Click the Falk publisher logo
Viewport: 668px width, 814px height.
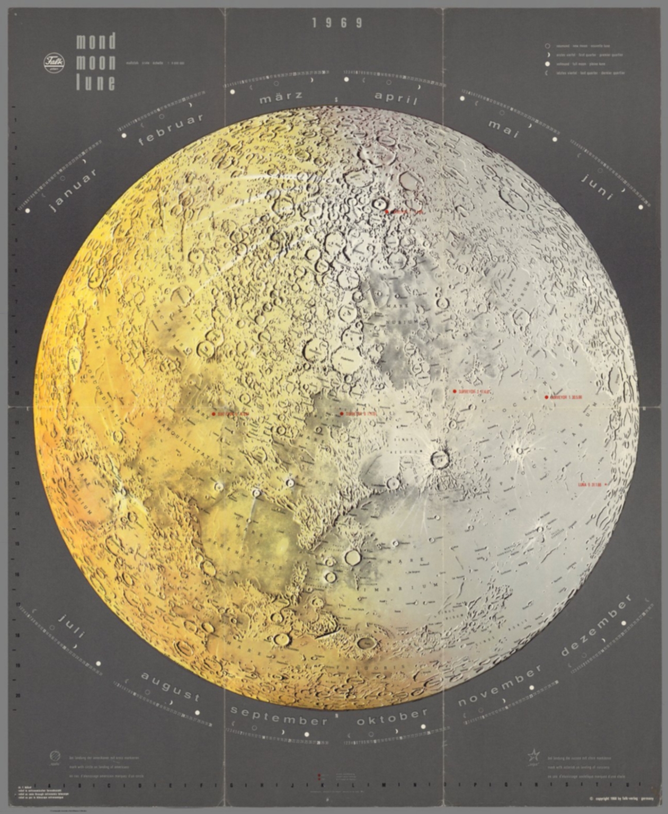coord(54,64)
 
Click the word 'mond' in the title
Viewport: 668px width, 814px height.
coord(95,42)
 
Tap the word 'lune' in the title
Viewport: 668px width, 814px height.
coord(95,83)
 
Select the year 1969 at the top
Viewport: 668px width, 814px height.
coord(337,23)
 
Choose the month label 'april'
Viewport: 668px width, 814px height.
coord(396,98)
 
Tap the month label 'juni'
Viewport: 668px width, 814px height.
coord(598,186)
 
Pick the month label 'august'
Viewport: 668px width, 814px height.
coord(170,687)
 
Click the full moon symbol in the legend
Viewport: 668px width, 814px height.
coord(548,64)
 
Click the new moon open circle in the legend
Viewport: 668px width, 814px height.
coord(548,46)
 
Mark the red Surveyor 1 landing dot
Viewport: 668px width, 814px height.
coord(546,397)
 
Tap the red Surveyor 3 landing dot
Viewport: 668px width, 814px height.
coord(454,391)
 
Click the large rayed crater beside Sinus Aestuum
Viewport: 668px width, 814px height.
coord(440,459)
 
